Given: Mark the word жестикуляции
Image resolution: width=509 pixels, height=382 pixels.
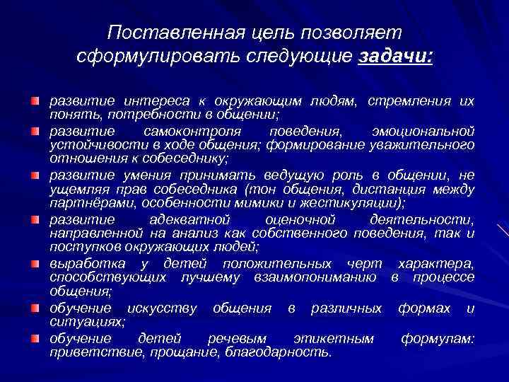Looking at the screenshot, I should (351, 202).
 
